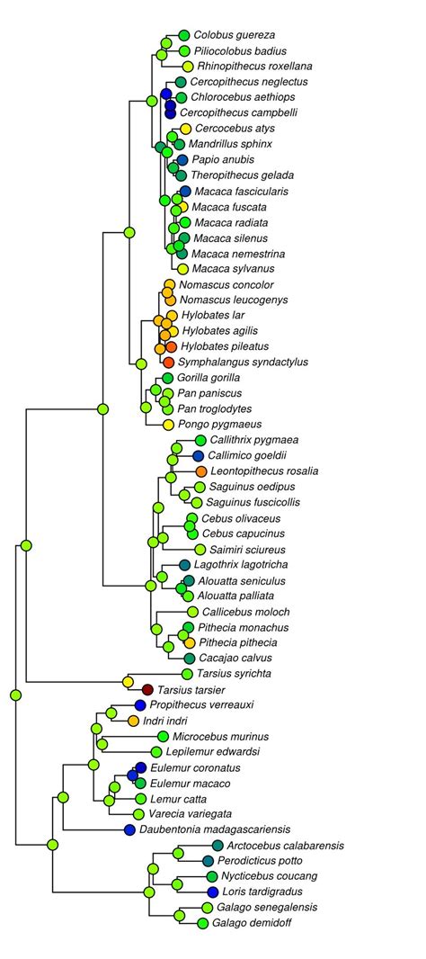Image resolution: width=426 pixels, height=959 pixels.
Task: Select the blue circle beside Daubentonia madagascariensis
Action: point(130,829)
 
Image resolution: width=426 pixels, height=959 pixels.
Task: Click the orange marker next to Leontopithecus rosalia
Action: point(201,471)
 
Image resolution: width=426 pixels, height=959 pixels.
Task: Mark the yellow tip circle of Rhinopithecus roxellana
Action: point(188,67)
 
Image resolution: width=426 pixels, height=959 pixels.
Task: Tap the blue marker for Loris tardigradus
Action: point(213,892)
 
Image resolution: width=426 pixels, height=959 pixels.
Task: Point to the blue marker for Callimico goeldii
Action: point(199,456)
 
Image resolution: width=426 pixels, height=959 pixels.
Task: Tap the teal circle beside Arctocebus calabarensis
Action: point(218,845)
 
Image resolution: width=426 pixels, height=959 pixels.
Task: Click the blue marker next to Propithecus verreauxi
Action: point(139,704)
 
